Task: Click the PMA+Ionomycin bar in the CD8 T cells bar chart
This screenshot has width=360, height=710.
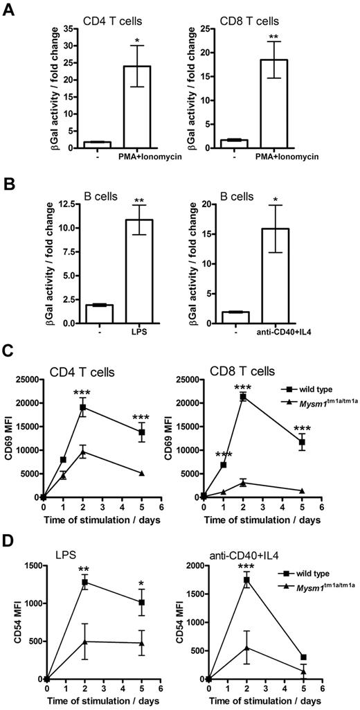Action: click(x=295, y=103)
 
